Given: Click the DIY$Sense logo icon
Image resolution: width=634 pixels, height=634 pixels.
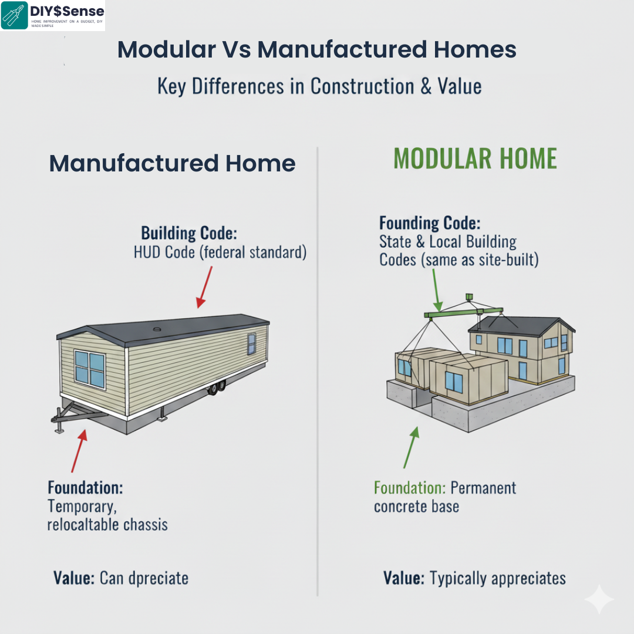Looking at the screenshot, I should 14,15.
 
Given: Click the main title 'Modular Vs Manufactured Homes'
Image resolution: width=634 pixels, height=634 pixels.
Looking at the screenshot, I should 317,50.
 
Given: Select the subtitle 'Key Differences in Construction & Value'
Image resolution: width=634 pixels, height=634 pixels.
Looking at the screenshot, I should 319,86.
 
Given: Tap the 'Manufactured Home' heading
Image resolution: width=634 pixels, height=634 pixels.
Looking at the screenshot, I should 172,163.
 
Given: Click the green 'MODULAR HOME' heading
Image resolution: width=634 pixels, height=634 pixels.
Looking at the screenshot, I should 475,159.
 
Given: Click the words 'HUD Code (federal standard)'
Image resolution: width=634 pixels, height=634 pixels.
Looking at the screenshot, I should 220,254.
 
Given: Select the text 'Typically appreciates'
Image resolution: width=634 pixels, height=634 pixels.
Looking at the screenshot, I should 498,578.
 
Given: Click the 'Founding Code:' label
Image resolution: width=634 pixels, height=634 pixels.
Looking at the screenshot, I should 430,224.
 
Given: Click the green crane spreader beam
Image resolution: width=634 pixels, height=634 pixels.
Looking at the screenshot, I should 464,313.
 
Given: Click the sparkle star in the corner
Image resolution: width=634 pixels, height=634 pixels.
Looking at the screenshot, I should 599,599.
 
